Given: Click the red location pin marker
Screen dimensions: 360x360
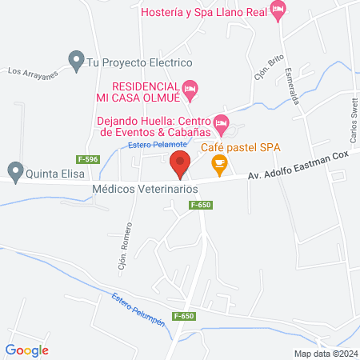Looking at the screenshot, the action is coord(180,163).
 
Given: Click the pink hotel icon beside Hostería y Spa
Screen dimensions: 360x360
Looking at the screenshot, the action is coord(278,11).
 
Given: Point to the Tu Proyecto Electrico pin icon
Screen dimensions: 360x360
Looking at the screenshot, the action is coord(77,60).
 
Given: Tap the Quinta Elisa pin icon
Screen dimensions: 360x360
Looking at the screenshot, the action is coord(14,170).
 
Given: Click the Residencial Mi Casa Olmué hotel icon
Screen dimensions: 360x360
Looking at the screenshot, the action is coord(190,87).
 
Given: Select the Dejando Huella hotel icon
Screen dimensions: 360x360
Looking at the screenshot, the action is coord(222,122).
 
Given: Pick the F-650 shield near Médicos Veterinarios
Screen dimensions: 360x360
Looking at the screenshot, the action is coord(201,206).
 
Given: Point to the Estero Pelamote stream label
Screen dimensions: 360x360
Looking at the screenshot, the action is coord(158,145).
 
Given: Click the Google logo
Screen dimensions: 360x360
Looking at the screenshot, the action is coord(27,349).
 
